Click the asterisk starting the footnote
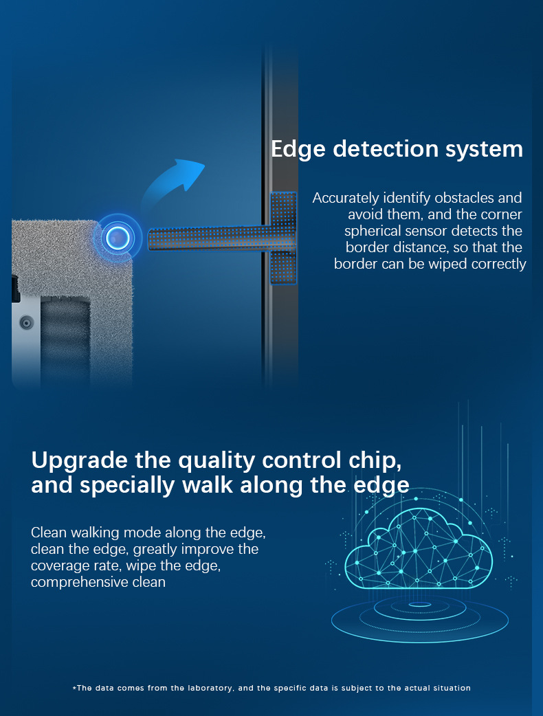tap(74, 688)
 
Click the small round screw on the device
tap(26, 322)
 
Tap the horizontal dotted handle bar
tap(206, 238)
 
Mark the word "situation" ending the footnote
tap(450, 688)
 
